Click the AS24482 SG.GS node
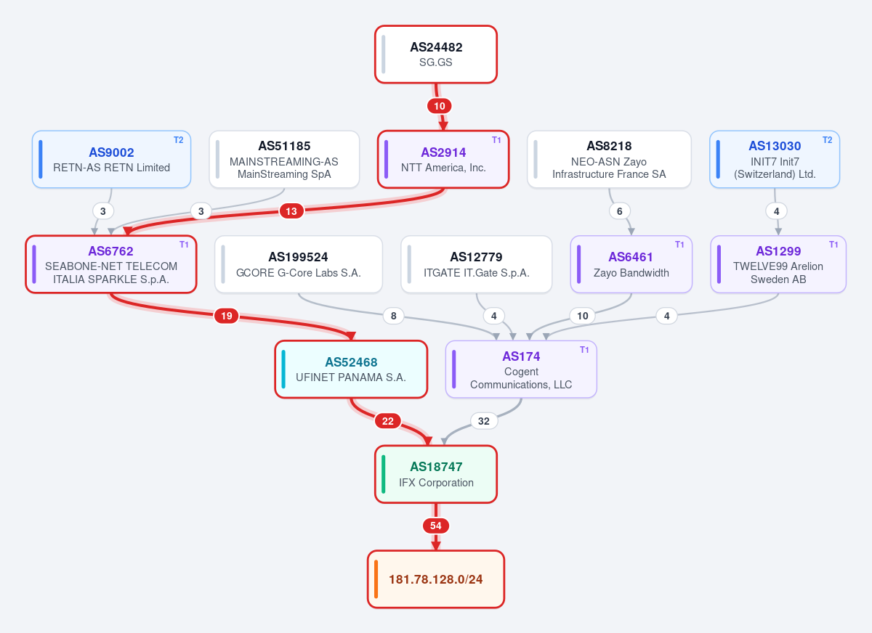click(x=435, y=54)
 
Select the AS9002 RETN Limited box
click(x=111, y=160)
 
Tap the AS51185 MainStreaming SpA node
click(x=284, y=160)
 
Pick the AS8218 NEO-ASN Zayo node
click(x=609, y=160)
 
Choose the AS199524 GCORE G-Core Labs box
click(x=298, y=264)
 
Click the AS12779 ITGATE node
click(x=476, y=264)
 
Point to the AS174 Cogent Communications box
click(x=521, y=369)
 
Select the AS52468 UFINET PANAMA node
click(x=351, y=369)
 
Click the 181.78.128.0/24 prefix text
click(x=435, y=579)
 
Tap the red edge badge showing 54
click(x=435, y=526)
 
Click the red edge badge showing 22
click(x=387, y=421)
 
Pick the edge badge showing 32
click(x=483, y=421)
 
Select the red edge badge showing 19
click(x=226, y=316)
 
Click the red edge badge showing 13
click(x=291, y=211)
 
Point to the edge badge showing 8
click(x=394, y=316)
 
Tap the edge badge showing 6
click(x=619, y=211)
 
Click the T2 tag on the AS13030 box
click(x=827, y=140)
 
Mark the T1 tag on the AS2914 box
click(x=496, y=140)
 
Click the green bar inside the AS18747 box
click(x=384, y=474)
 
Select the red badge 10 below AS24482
click(x=439, y=106)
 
